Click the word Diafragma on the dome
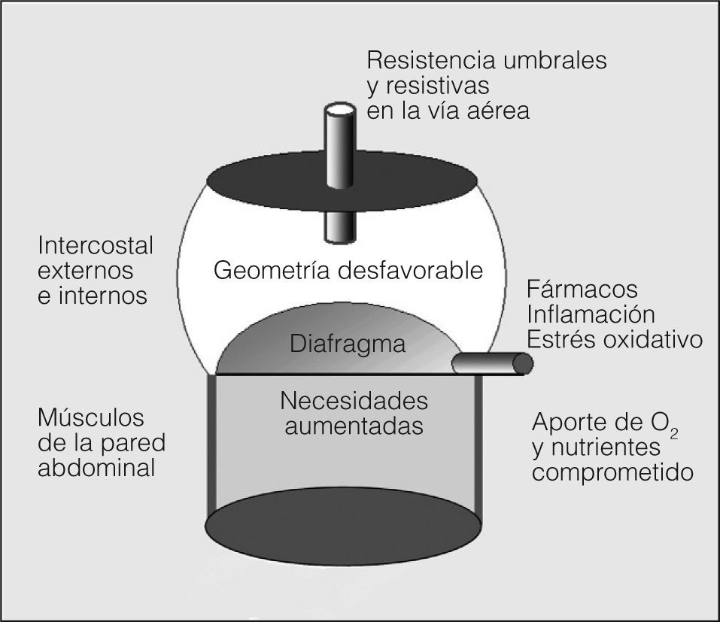(x=347, y=345)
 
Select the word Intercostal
(x=95, y=246)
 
